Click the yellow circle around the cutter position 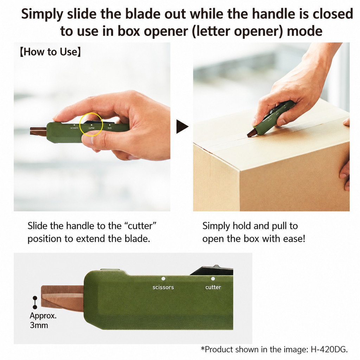[80, 124]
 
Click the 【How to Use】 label [50, 52]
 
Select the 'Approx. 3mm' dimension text [43, 320]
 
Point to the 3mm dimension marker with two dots [35, 303]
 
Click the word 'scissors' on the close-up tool [163, 287]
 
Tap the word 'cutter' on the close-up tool [213, 287]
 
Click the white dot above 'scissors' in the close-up [163, 279]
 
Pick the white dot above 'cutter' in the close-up [213, 279]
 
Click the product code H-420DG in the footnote [329, 349]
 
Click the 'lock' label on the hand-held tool [110, 128]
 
